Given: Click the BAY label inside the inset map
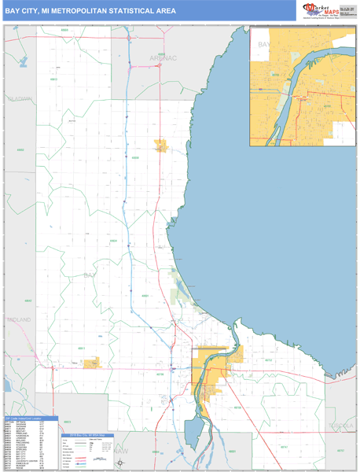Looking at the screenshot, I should tap(263, 46).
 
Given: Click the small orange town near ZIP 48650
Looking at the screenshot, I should tap(161, 146).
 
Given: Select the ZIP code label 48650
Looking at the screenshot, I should tap(134, 157).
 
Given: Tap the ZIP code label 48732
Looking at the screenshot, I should tap(267, 360).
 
